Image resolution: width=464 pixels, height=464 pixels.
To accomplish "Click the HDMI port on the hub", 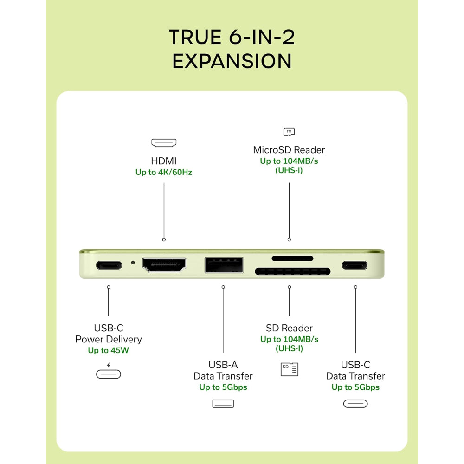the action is coord(164,264).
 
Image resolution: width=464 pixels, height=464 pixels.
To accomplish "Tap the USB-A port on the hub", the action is coord(224,265).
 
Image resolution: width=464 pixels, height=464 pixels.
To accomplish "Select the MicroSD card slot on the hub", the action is coord(292,258).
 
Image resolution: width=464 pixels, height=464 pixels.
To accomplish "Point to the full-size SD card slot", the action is coord(293,271).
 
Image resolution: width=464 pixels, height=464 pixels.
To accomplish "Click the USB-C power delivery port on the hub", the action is coord(109,265).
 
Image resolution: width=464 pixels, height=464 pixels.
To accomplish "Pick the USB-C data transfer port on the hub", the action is coord(354,265).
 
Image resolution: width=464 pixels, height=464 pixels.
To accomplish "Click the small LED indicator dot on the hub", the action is coord(133,263).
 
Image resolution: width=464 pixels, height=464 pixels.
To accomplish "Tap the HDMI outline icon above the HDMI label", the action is coord(164,142).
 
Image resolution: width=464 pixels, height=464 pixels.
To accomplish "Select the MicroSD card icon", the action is coord(289,132).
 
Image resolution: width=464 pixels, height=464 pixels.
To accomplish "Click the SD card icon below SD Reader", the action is coord(290,369).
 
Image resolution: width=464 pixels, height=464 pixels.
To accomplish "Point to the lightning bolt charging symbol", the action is coord(109,365).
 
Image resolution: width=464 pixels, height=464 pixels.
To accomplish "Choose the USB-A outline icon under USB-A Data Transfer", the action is coord(223,404).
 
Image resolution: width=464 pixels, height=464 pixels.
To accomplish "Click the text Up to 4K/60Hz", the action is coord(164,172).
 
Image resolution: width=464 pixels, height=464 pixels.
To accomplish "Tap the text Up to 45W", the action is coord(108,350).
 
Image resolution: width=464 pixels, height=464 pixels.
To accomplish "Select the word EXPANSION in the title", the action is coord(232,61).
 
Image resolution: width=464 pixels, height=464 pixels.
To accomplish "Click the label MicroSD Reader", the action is coord(289,150).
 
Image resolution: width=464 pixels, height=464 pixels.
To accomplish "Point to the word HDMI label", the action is coord(164,161).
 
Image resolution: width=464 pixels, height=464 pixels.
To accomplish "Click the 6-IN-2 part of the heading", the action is coord(262,37).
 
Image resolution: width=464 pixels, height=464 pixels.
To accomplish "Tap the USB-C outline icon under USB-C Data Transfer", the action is coord(355,404).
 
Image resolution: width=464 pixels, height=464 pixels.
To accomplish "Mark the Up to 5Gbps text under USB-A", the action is coord(223,387).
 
